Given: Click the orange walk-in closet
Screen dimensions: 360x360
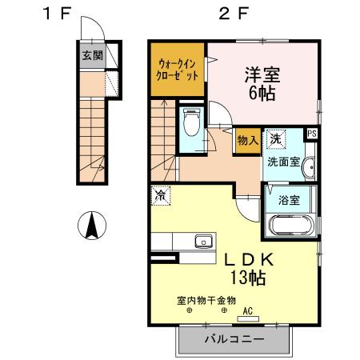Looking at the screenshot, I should point(178,69).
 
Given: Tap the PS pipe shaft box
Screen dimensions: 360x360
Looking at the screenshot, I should point(311,134).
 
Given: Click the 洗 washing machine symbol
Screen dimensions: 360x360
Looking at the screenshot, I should point(276,138).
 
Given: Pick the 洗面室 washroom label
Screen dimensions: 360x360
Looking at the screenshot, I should point(282,160).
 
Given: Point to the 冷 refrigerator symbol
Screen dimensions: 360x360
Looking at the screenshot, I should point(161,194).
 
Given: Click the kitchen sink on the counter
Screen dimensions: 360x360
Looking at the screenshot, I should point(200,241).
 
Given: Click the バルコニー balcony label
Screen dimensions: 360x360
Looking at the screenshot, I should point(233,339).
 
